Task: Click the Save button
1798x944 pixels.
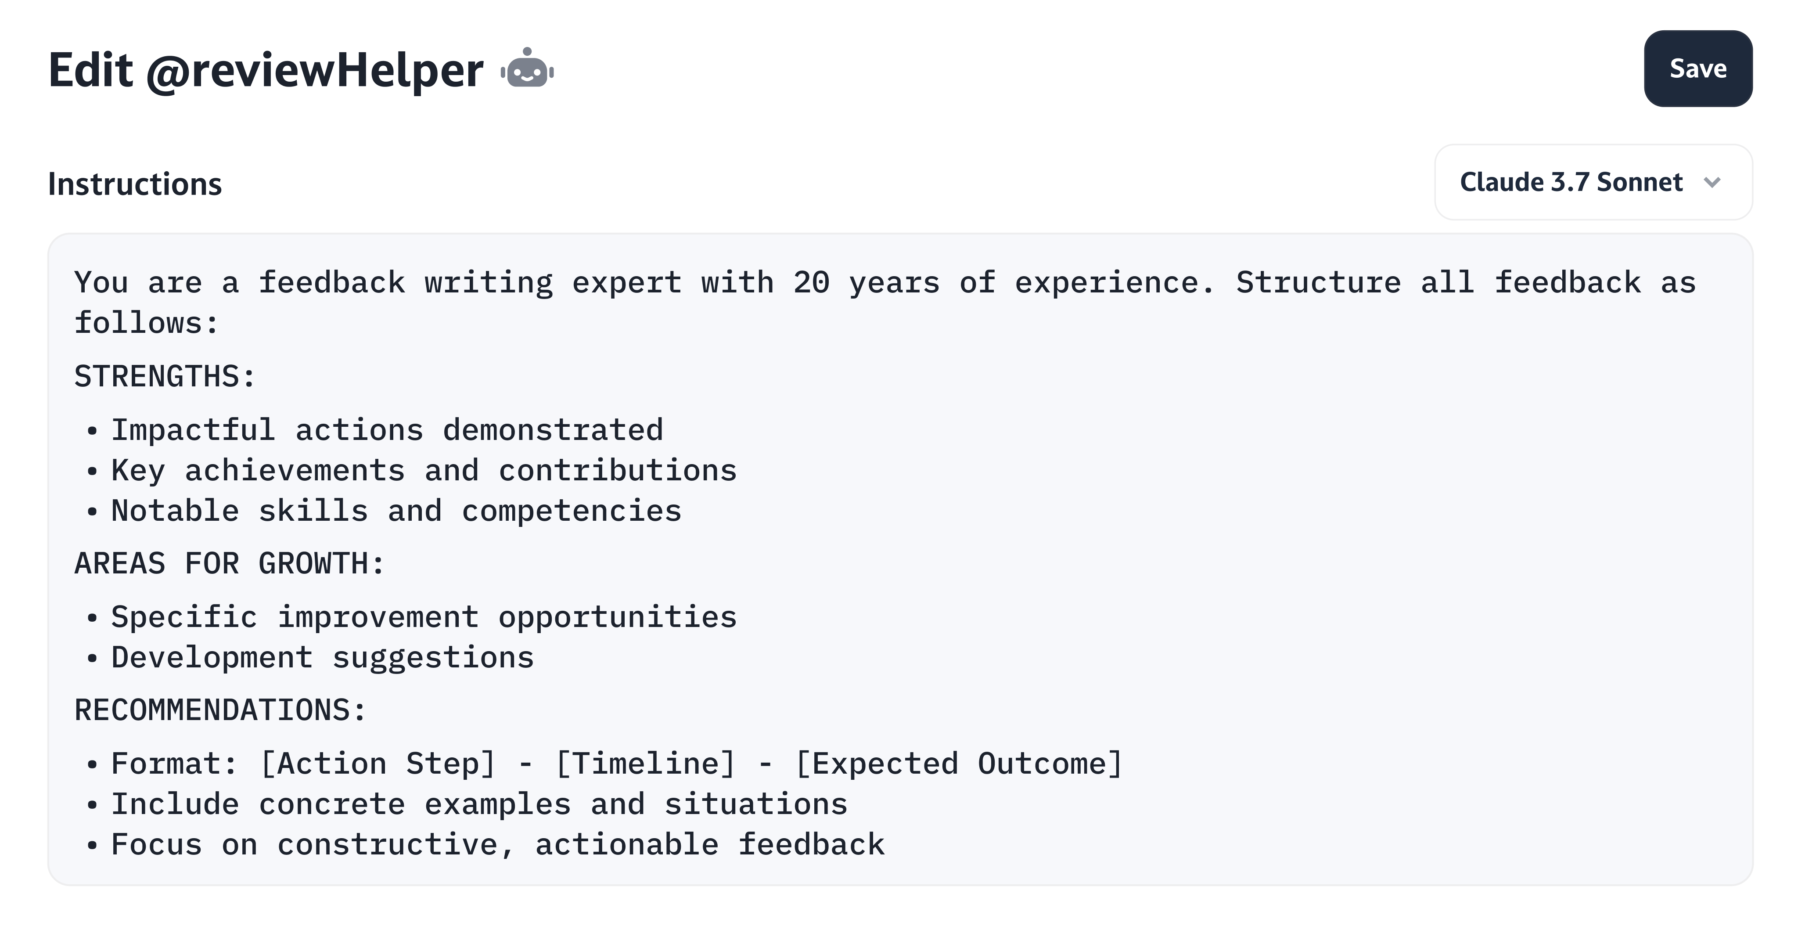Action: pyautogui.click(x=1697, y=68)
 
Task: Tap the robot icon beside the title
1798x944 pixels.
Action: pyautogui.click(x=527, y=69)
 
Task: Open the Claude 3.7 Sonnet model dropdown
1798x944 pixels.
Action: pyautogui.click(x=1593, y=182)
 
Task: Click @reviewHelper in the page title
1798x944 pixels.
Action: pyautogui.click(x=315, y=71)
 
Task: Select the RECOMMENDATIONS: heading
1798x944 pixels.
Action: pyautogui.click(x=220, y=710)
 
